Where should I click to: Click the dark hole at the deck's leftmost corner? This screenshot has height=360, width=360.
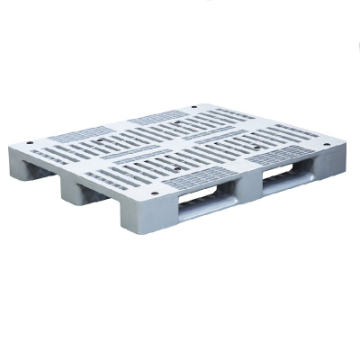click(x=30, y=143)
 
